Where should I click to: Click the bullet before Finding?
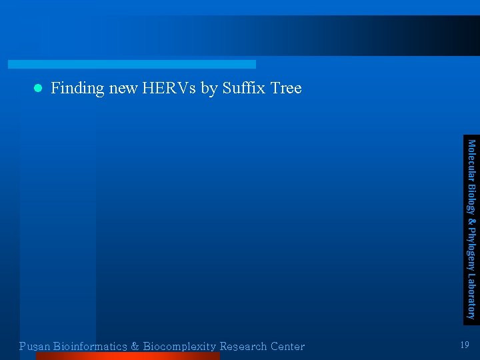click(38, 88)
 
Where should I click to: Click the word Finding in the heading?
click(77, 89)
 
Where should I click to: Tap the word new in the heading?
click(123, 89)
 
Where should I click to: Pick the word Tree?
click(286, 88)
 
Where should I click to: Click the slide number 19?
click(465, 345)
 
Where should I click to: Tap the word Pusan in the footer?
click(35, 347)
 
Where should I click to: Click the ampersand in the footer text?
click(135, 347)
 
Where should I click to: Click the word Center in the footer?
click(288, 347)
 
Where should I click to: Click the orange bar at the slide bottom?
click(127, 356)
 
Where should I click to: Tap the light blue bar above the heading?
click(131, 64)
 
